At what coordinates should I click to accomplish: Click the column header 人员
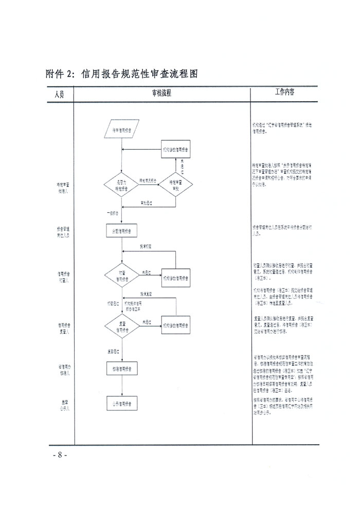coord(60,94)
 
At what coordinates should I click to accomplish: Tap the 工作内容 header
coord(284,93)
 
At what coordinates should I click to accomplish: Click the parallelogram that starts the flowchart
coord(122,129)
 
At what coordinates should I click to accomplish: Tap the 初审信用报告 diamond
coord(122,277)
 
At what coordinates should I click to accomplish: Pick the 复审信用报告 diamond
coord(122,325)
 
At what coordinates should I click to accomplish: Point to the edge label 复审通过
coord(114,352)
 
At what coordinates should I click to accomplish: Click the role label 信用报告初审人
coord(64,277)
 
